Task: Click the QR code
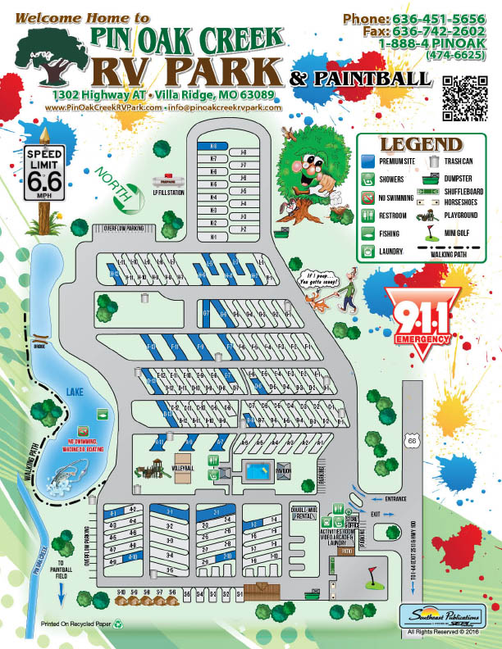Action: (465, 93)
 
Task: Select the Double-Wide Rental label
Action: (303, 512)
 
